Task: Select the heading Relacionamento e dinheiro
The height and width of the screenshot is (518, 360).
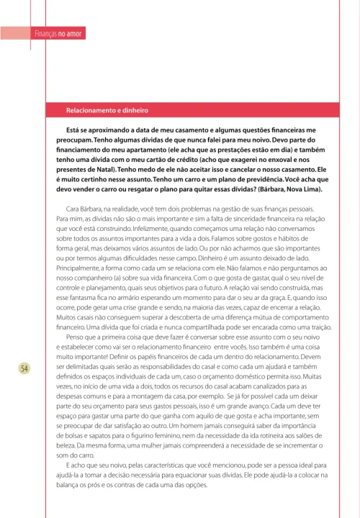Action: [107, 111]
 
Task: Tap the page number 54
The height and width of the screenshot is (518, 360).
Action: [24, 368]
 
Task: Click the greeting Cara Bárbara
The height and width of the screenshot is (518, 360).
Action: [81, 208]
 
